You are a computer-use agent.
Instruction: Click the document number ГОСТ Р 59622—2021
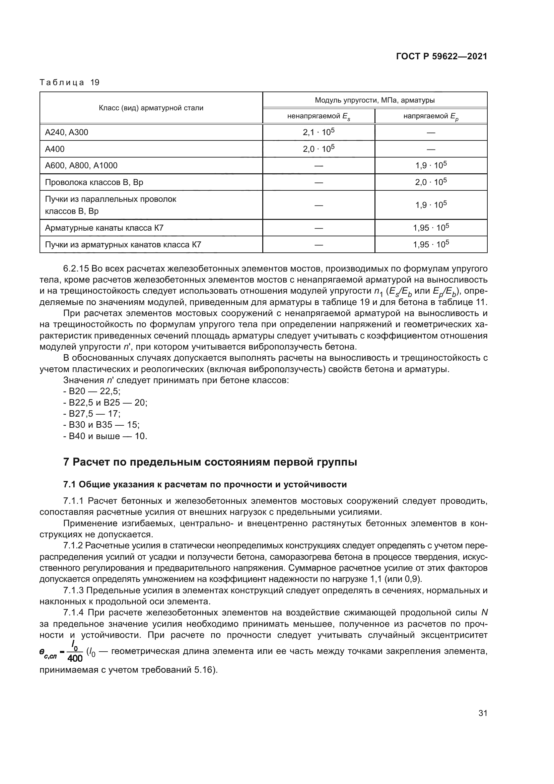click(x=441, y=56)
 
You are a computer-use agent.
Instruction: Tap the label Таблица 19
click(x=69, y=82)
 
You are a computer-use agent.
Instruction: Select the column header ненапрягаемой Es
click(x=318, y=116)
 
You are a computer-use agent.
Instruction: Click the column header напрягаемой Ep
click(x=430, y=116)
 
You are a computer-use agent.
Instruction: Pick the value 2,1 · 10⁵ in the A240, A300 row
click(x=318, y=132)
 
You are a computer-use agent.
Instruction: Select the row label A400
click(x=55, y=149)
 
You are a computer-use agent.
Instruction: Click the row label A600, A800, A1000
click(x=81, y=166)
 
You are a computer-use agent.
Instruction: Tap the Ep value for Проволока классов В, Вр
click(x=430, y=182)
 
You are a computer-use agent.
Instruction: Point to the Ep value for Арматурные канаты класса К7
click(x=430, y=228)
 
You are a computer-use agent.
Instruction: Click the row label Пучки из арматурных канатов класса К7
click(x=123, y=244)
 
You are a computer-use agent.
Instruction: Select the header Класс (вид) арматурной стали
click(x=151, y=108)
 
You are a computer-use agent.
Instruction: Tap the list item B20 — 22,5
click(x=91, y=391)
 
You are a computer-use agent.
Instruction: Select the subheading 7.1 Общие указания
click(x=205, y=485)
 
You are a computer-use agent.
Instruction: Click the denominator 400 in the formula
click(x=75, y=658)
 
